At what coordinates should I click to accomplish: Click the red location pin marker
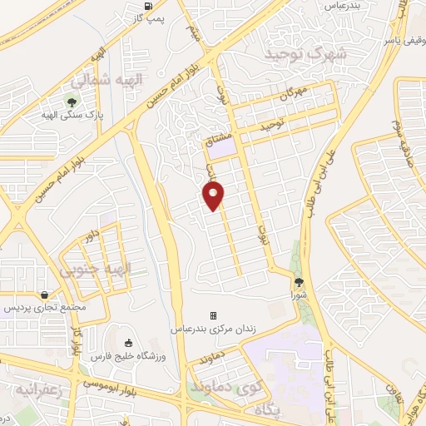click(x=214, y=196)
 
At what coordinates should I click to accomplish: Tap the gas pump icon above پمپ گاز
click(x=148, y=7)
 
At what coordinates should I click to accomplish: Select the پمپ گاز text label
click(x=148, y=18)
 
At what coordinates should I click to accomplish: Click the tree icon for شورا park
click(x=299, y=283)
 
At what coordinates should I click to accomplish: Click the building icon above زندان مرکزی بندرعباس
click(x=213, y=315)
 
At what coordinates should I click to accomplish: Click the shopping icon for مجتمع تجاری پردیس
click(x=43, y=295)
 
